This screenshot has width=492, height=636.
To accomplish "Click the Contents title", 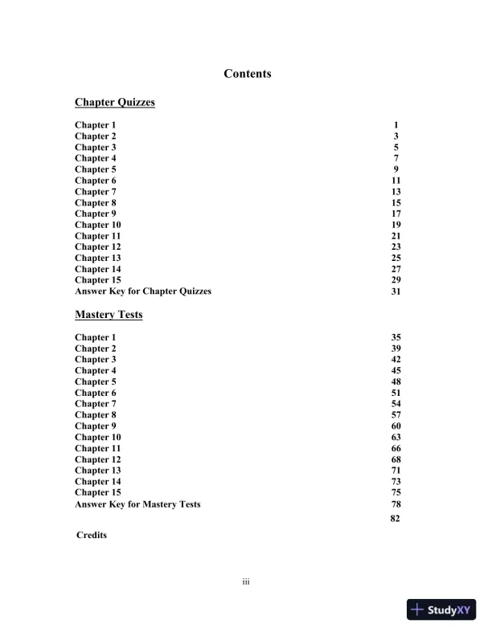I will click(248, 74).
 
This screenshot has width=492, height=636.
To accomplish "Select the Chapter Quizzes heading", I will click(114, 102).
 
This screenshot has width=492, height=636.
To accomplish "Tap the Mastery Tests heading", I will click(109, 315).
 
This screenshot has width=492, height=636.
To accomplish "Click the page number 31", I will click(396, 291).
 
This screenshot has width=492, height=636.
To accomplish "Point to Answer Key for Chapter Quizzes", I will click(143, 291).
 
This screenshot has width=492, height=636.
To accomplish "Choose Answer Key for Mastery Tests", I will click(137, 504).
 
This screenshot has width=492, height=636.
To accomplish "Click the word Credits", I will click(92, 535).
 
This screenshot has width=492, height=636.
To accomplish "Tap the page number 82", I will click(395, 519).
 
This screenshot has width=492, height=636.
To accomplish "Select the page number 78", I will click(396, 504).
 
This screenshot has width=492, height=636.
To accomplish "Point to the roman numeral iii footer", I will click(246, 581).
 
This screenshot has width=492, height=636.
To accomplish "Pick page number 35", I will click(396, 337).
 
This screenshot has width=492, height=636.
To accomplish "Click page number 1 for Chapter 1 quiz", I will click(396, 125).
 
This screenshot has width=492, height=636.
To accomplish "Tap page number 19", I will click(396, 225).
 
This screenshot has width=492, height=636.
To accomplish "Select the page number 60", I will click(396, 426).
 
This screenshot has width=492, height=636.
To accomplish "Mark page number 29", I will click(396, 280).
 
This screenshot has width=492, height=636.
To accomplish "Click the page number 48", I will click(396, 382).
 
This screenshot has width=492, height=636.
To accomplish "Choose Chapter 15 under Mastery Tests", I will click(98, 492).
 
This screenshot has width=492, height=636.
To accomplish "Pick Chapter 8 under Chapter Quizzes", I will click(95, 203).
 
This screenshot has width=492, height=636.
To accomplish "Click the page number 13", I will click(396, 192).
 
